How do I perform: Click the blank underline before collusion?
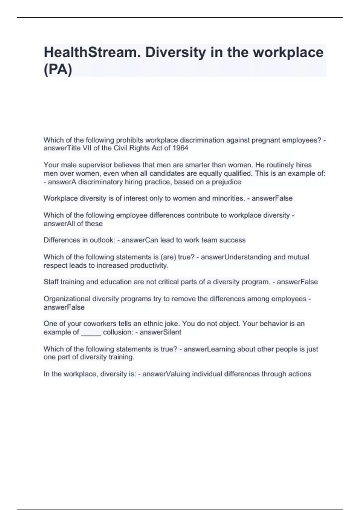(x=91, y=332)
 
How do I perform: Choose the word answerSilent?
(x=160, y=332)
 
